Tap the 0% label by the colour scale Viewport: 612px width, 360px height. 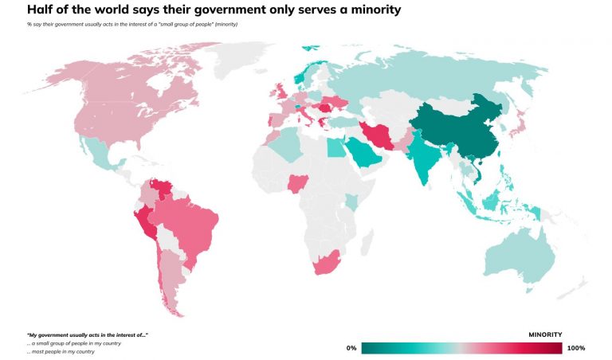click(351, 348)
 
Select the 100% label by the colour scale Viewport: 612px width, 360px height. click(575, 348)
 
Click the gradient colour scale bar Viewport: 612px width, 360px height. click(461, 348)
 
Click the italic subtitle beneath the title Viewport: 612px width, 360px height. click(131, 25)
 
